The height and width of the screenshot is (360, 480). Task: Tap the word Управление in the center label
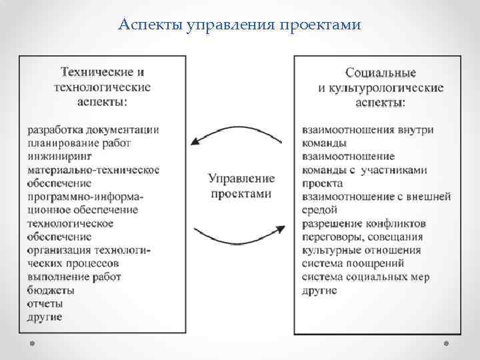(241, 178)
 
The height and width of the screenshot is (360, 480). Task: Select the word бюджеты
(51, 290)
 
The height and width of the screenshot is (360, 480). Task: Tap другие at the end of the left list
(45, 317)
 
